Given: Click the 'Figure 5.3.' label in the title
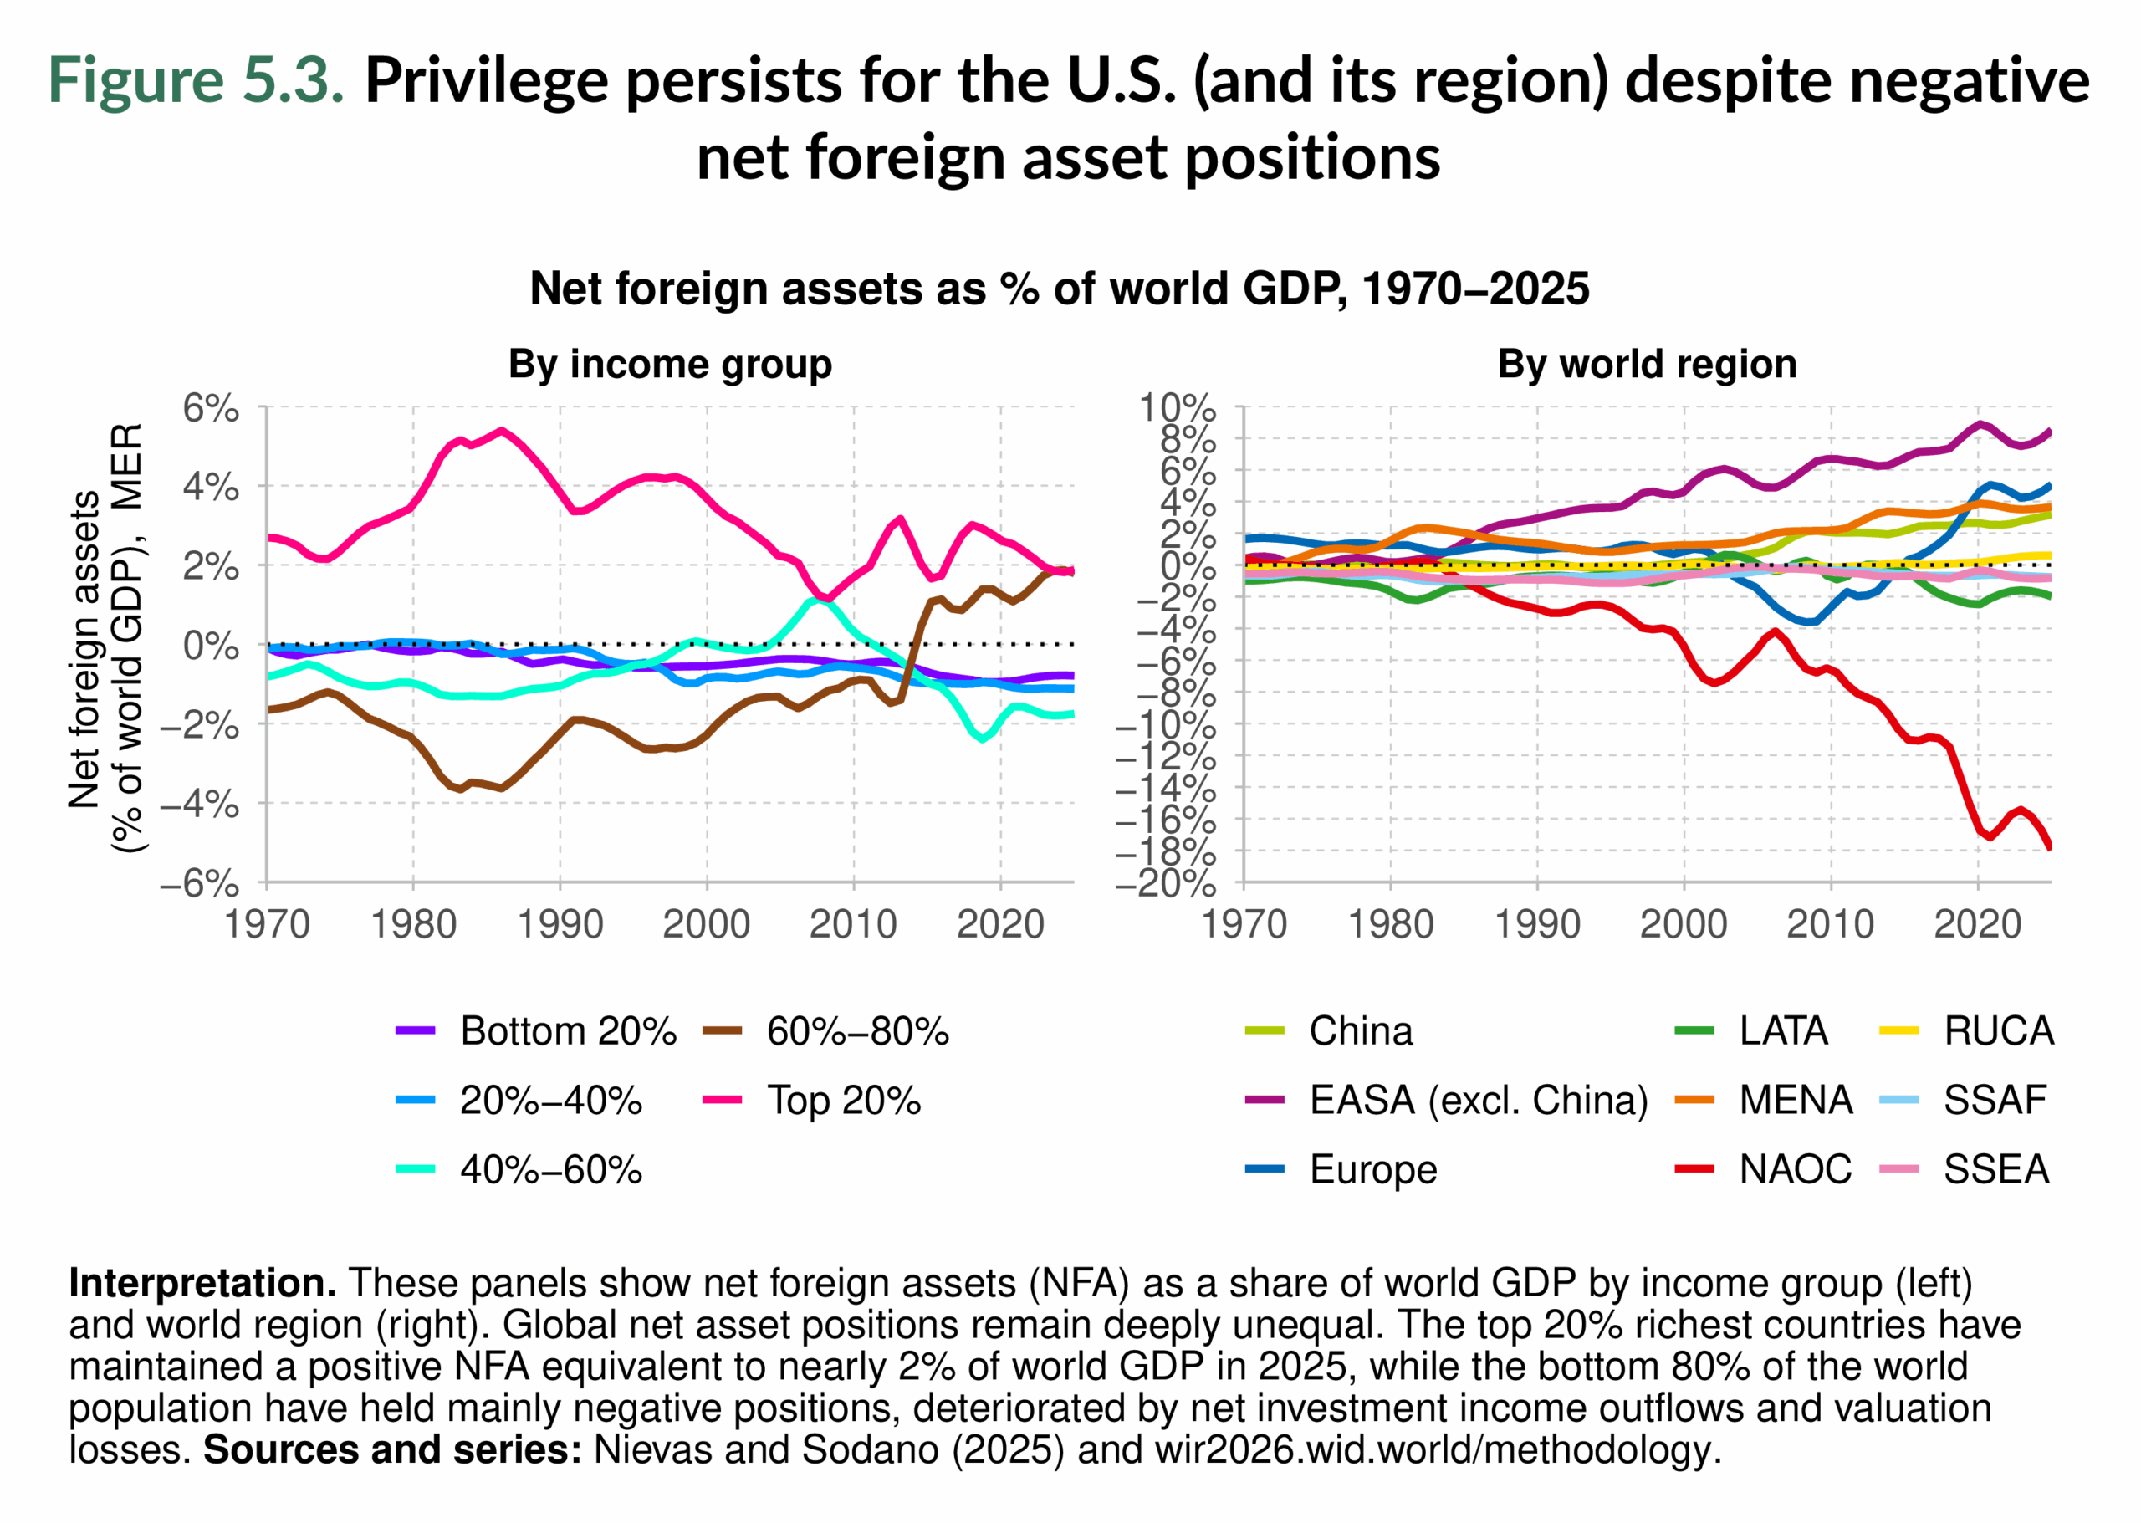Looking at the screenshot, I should pyautogui.click(x=196, y=79).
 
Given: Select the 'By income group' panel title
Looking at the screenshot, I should pyautogui.click(x=670, y=364).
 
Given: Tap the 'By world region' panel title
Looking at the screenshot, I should pyautogui.click(x=1646, y=364).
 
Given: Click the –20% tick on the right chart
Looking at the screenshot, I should pyautogui.click(x=1165, y=882).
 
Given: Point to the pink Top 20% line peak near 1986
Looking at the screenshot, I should pyautogui.click(x=503, y=431).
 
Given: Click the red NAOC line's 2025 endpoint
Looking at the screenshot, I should pyautogui.click(x=2049, y=846).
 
